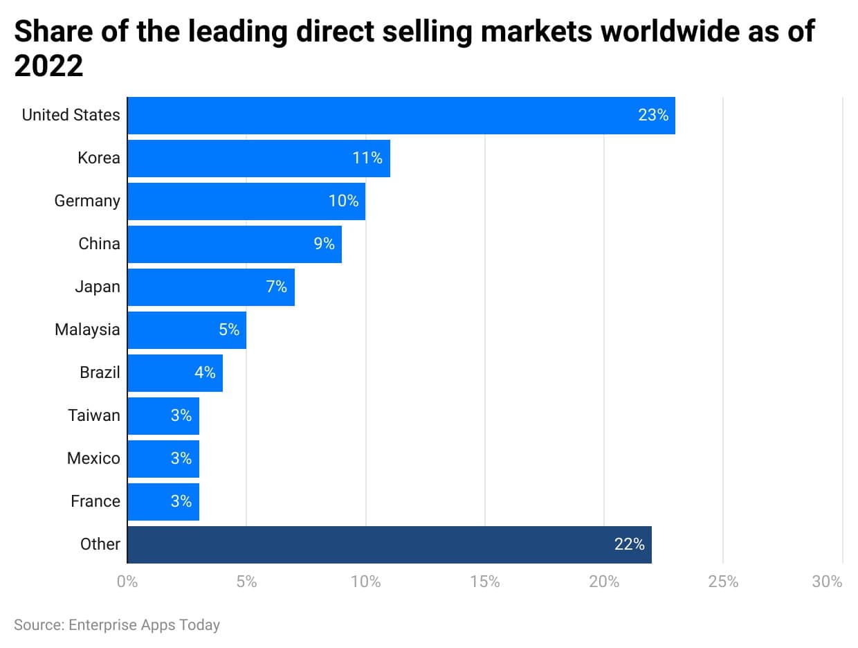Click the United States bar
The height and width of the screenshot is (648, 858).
401,116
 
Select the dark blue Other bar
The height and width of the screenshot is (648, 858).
390,545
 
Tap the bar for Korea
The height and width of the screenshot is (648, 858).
259,159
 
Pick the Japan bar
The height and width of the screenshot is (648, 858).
211,287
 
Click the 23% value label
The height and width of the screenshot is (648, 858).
653,116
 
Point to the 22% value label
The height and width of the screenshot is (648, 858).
629,545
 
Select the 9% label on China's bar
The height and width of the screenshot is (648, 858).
324,244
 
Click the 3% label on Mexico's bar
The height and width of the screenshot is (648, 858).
181,459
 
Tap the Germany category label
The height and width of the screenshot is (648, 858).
87,201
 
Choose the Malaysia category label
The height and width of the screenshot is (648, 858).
87,330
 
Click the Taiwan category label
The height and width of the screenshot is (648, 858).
94,416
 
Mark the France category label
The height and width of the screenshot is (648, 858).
95,502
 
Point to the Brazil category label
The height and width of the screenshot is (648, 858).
100,373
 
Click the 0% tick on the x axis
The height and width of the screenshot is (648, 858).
128,582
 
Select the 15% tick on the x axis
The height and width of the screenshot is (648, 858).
484,582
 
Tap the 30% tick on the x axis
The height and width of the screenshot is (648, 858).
828,582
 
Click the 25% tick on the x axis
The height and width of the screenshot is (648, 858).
723,582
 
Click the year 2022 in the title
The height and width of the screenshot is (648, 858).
48,66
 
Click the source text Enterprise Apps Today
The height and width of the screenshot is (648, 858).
144,625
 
